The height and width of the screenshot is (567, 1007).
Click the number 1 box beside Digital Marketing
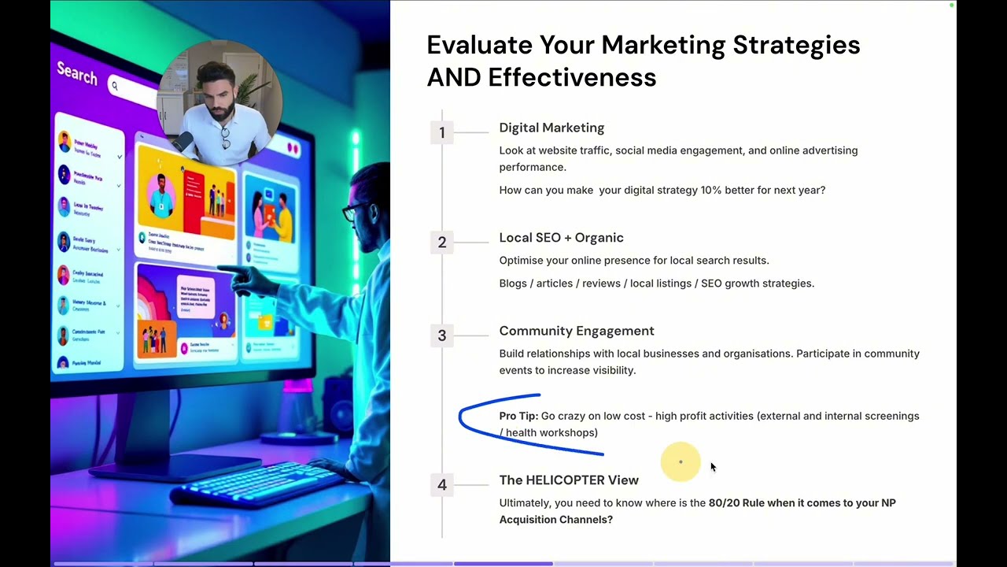pos(442,132)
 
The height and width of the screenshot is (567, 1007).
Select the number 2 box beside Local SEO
pos(442,243)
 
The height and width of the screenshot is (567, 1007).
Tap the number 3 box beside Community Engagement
pos(442,335)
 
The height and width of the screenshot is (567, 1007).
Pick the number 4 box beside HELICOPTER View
pos(442,485)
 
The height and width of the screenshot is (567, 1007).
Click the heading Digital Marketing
pos(551,128)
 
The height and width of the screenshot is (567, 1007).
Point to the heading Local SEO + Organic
pos(561,238)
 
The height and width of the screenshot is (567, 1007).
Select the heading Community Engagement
pos(576,331)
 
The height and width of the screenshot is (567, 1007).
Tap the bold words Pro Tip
pos(518,416)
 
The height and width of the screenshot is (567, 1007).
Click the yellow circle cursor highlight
pos(681,461)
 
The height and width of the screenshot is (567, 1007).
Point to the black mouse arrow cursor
pos(713,467)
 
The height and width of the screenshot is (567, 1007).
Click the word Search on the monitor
pos(77,74)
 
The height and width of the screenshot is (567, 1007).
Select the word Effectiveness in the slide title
pos(572,77)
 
